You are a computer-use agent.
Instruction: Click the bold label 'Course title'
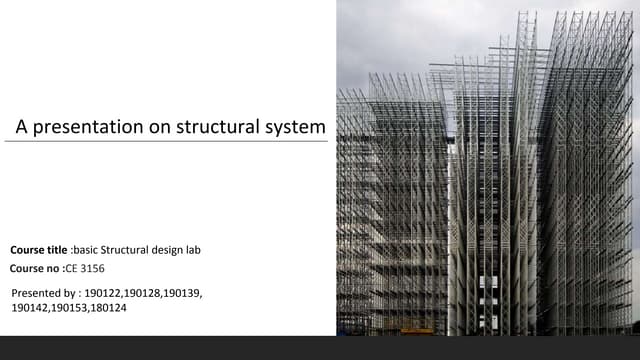pos(39,249)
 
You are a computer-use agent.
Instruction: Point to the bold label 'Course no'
pos(35,268)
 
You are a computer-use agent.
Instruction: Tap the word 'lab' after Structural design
pos(193,249)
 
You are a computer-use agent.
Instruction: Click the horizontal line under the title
pos(166,142)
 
